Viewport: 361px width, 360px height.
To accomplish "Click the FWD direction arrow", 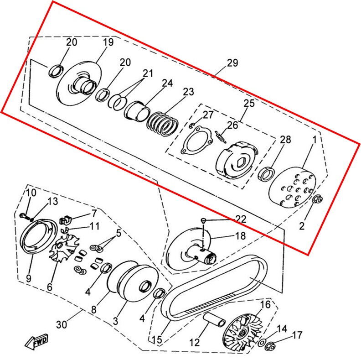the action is coord(36,341).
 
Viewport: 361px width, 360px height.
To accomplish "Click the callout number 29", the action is coord(232,63).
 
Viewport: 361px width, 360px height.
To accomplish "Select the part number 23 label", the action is coord(188,92).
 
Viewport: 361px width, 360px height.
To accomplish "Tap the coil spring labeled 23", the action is coord(163,124).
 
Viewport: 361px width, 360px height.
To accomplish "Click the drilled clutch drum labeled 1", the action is coord(293,187).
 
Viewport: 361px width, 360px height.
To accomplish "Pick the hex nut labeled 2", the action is coord(318,199).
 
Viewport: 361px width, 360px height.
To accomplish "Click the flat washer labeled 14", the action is coord(262,343).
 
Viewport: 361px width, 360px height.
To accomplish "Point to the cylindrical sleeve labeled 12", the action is coord(214,319).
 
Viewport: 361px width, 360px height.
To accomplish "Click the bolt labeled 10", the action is coord(25,216).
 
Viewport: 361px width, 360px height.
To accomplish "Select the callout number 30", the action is coord(62,324).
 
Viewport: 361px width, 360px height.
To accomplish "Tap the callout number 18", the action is coord(240,236).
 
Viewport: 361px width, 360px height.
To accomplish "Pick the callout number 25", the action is coord(249,103).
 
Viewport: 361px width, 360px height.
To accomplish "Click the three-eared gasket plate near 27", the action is coord(196,140).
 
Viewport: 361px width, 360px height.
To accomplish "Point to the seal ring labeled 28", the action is coord(266,174).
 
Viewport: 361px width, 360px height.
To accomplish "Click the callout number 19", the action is coord(108,42).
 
